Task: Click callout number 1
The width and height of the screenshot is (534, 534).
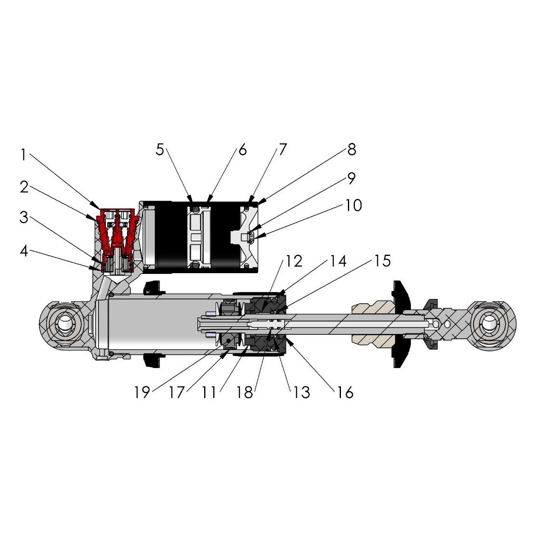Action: [23, 155]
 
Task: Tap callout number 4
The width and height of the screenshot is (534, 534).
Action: [24, 251]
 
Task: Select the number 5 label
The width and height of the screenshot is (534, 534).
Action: [160, 150]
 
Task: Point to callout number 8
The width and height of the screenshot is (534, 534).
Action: [352, 150]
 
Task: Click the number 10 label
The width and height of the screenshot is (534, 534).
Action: [354, 205]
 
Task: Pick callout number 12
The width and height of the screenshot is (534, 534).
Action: [294, 261]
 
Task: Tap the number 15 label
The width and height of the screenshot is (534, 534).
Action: [382, 261]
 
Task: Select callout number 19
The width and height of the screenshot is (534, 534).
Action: [142, 392]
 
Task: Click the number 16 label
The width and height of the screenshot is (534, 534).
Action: [345, 392]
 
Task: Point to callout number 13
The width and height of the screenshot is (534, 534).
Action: [302, 392]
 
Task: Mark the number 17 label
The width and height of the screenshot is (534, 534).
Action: [177, 392]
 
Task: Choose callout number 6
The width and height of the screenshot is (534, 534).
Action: [242, 150]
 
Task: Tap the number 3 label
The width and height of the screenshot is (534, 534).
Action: [24, 218]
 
